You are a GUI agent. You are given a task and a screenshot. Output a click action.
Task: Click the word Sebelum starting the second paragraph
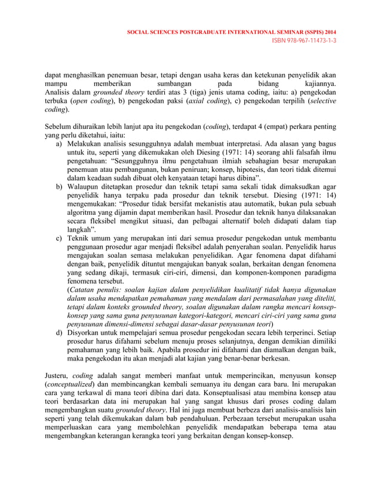(x=60, y=127)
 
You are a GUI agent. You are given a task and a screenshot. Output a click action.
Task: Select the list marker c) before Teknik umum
(x=60, y=239)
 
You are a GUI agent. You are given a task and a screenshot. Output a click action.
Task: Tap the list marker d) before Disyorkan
(x=60, y=331)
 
